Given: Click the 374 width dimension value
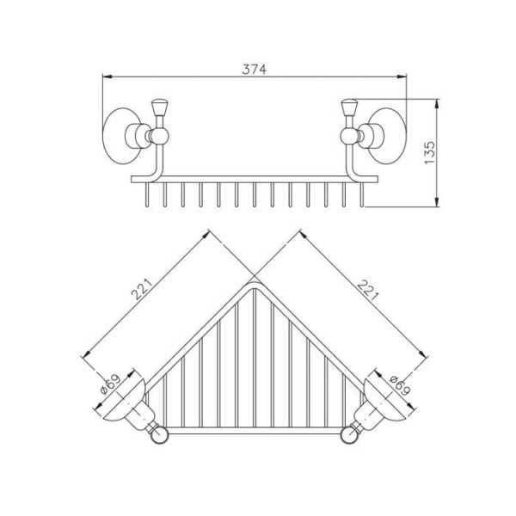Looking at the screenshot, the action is pos(255,69).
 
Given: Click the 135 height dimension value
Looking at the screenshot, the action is pos(429,153).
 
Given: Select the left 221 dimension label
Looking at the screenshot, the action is pos(142,289).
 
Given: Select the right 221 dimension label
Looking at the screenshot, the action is pos(367,290).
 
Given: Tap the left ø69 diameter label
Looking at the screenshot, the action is pos(110,384).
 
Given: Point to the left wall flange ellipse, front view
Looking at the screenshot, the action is pos(118,135).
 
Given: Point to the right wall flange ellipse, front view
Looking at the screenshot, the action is pos(391,135).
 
